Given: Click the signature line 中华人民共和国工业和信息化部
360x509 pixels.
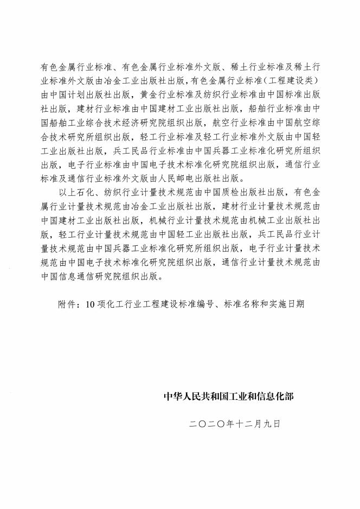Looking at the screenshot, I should [229, 397].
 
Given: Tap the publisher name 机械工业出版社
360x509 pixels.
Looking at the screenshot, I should [290, 219].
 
